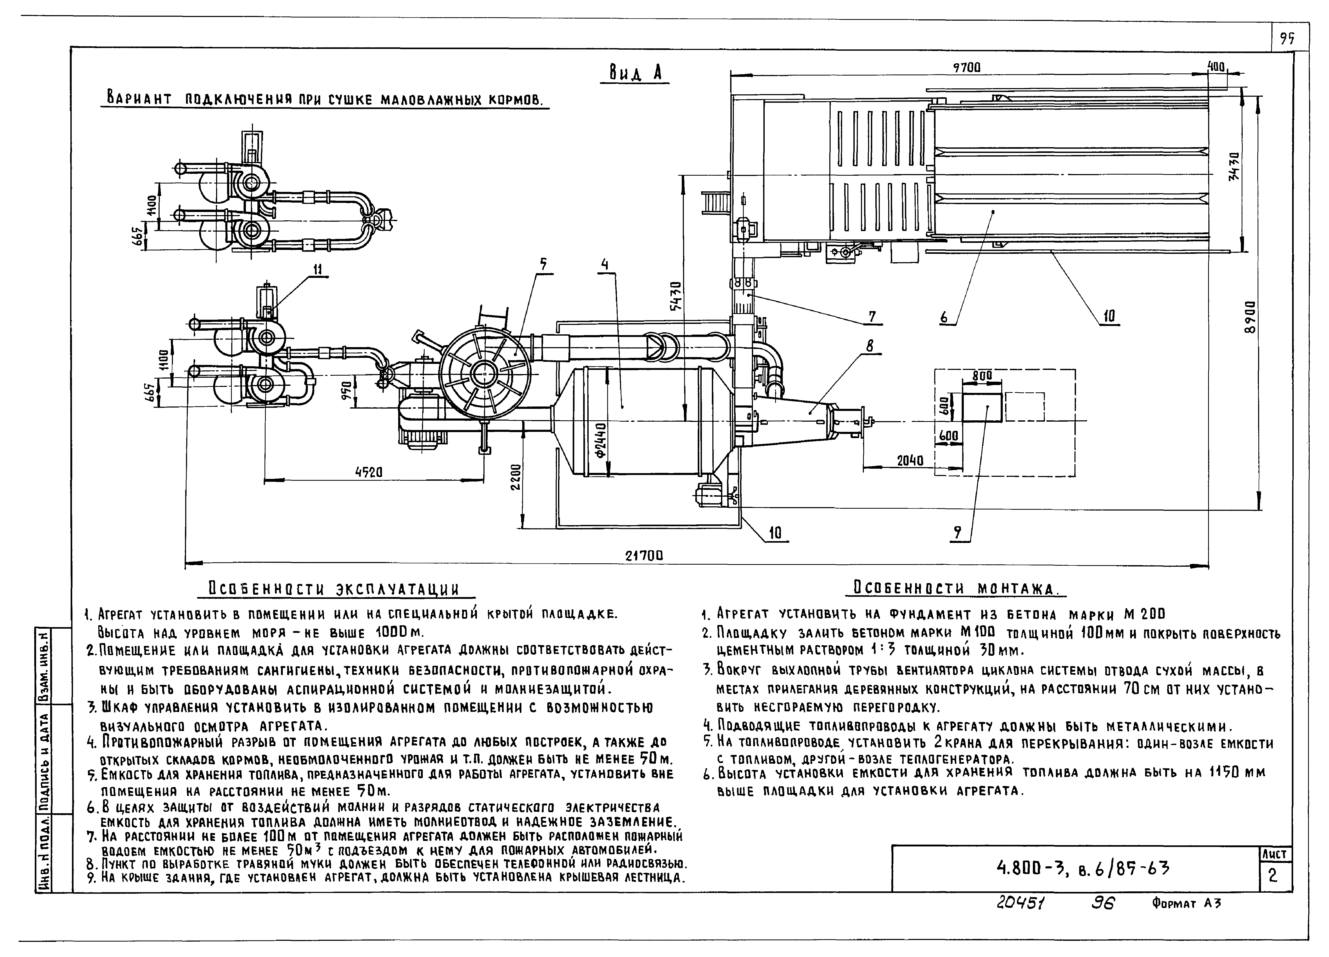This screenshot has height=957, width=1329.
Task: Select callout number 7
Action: pyautogui.click(x=872, y=317)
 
